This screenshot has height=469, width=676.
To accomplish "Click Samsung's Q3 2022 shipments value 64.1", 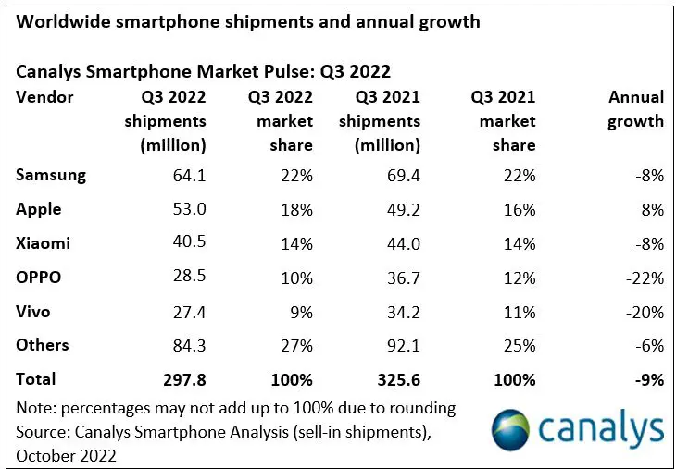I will click(189, 175).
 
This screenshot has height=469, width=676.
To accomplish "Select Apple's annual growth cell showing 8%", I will click(653, 209).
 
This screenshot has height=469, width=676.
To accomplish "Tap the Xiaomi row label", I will click(43, 243).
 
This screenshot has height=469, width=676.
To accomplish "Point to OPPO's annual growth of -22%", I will click(645, 278).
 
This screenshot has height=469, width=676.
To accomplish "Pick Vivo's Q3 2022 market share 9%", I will click(300, 312).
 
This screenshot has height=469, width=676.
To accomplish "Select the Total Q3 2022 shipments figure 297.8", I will click(184, 379).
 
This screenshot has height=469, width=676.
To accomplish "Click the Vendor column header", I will click(44, 97).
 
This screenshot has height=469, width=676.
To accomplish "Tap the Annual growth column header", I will click(635, 109).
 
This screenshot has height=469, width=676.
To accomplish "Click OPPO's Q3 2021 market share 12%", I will click(520, 278).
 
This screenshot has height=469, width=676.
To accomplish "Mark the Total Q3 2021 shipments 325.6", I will click(398, 379).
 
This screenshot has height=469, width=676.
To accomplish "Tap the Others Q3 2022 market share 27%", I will click(296, 346).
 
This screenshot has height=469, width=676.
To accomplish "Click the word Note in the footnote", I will click(33, 407).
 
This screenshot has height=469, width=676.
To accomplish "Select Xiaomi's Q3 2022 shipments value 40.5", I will click(189, 243).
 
